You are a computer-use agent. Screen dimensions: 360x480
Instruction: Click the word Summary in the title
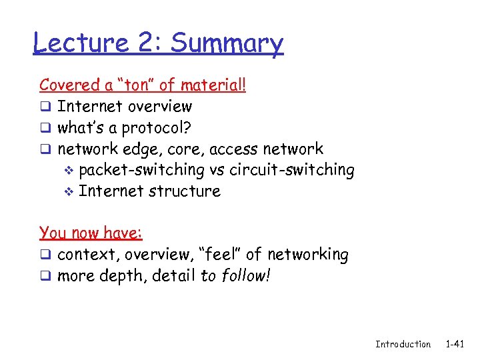[227, 44]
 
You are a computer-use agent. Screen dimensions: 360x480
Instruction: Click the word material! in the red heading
[212, 85]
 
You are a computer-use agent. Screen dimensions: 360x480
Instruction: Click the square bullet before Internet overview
[44, 107]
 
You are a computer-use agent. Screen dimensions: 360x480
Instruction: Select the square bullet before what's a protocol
[44, 128]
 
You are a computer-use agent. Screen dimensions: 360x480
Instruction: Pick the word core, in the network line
[184, 149]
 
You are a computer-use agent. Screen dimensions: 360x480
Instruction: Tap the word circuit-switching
[292, 170]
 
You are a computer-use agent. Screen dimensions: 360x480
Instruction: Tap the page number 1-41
[455, 344]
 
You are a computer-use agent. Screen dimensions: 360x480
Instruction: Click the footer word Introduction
[403, 344]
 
